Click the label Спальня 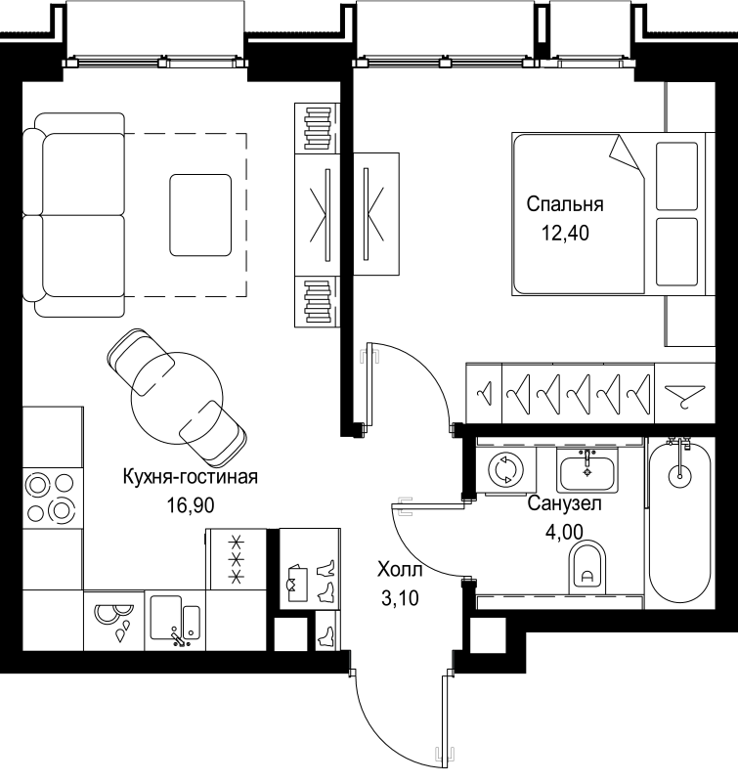click(564, 205)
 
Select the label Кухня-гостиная click(190, 477)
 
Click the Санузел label click(563, 505)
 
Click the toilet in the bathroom click(586, 567)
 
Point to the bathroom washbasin click(587, 472)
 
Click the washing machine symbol click(507, 470)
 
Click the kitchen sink click(175, 620)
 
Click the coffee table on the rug click(200, 212)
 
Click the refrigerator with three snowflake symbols click(236, 559)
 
